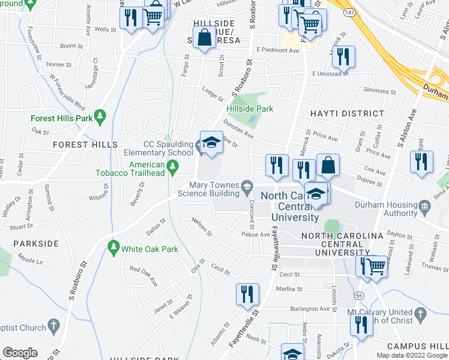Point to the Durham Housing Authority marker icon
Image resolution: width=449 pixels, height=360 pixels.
pyautogui.click(x=425, y=208)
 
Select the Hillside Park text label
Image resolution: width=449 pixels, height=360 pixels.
pyautogui.click(x=250, y=109)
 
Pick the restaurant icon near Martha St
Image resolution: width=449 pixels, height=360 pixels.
pyautogui.click(x=247, y=295)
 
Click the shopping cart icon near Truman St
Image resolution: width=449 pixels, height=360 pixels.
pyautogui.click(x=376, y=266)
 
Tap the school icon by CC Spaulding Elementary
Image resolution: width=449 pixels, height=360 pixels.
pyautogui.click(x=211, y=143)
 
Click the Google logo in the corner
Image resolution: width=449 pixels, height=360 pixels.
pyautogui.click(x=20, y=353)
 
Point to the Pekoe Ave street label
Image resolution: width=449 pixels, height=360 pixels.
pyautogui.click(x=260, y=235)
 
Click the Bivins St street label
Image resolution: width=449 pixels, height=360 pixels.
pyautogui.click(x=71, y=45)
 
